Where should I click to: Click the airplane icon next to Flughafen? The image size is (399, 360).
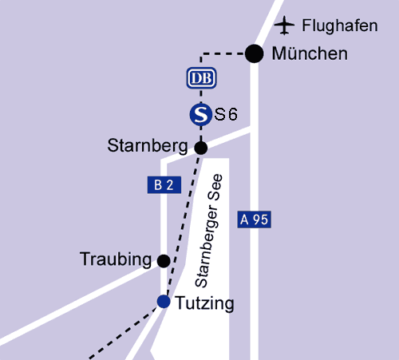pos(284,26)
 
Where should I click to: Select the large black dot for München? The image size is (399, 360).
pos(254,53)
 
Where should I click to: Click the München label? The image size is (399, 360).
pos(310,54)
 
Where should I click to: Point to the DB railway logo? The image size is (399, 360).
pos(201,78)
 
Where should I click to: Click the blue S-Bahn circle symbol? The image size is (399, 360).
pos(201,115)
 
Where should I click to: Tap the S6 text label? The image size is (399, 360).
pos(227,115)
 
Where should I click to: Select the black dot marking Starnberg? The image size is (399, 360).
pos(201,147)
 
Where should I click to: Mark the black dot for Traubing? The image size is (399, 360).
pos(164,260)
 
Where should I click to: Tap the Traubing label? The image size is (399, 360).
pos(116,259)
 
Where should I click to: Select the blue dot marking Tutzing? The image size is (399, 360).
pos(164,301)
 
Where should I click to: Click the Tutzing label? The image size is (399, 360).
pos(205,303)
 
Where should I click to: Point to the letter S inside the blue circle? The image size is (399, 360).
pos(201,115)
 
